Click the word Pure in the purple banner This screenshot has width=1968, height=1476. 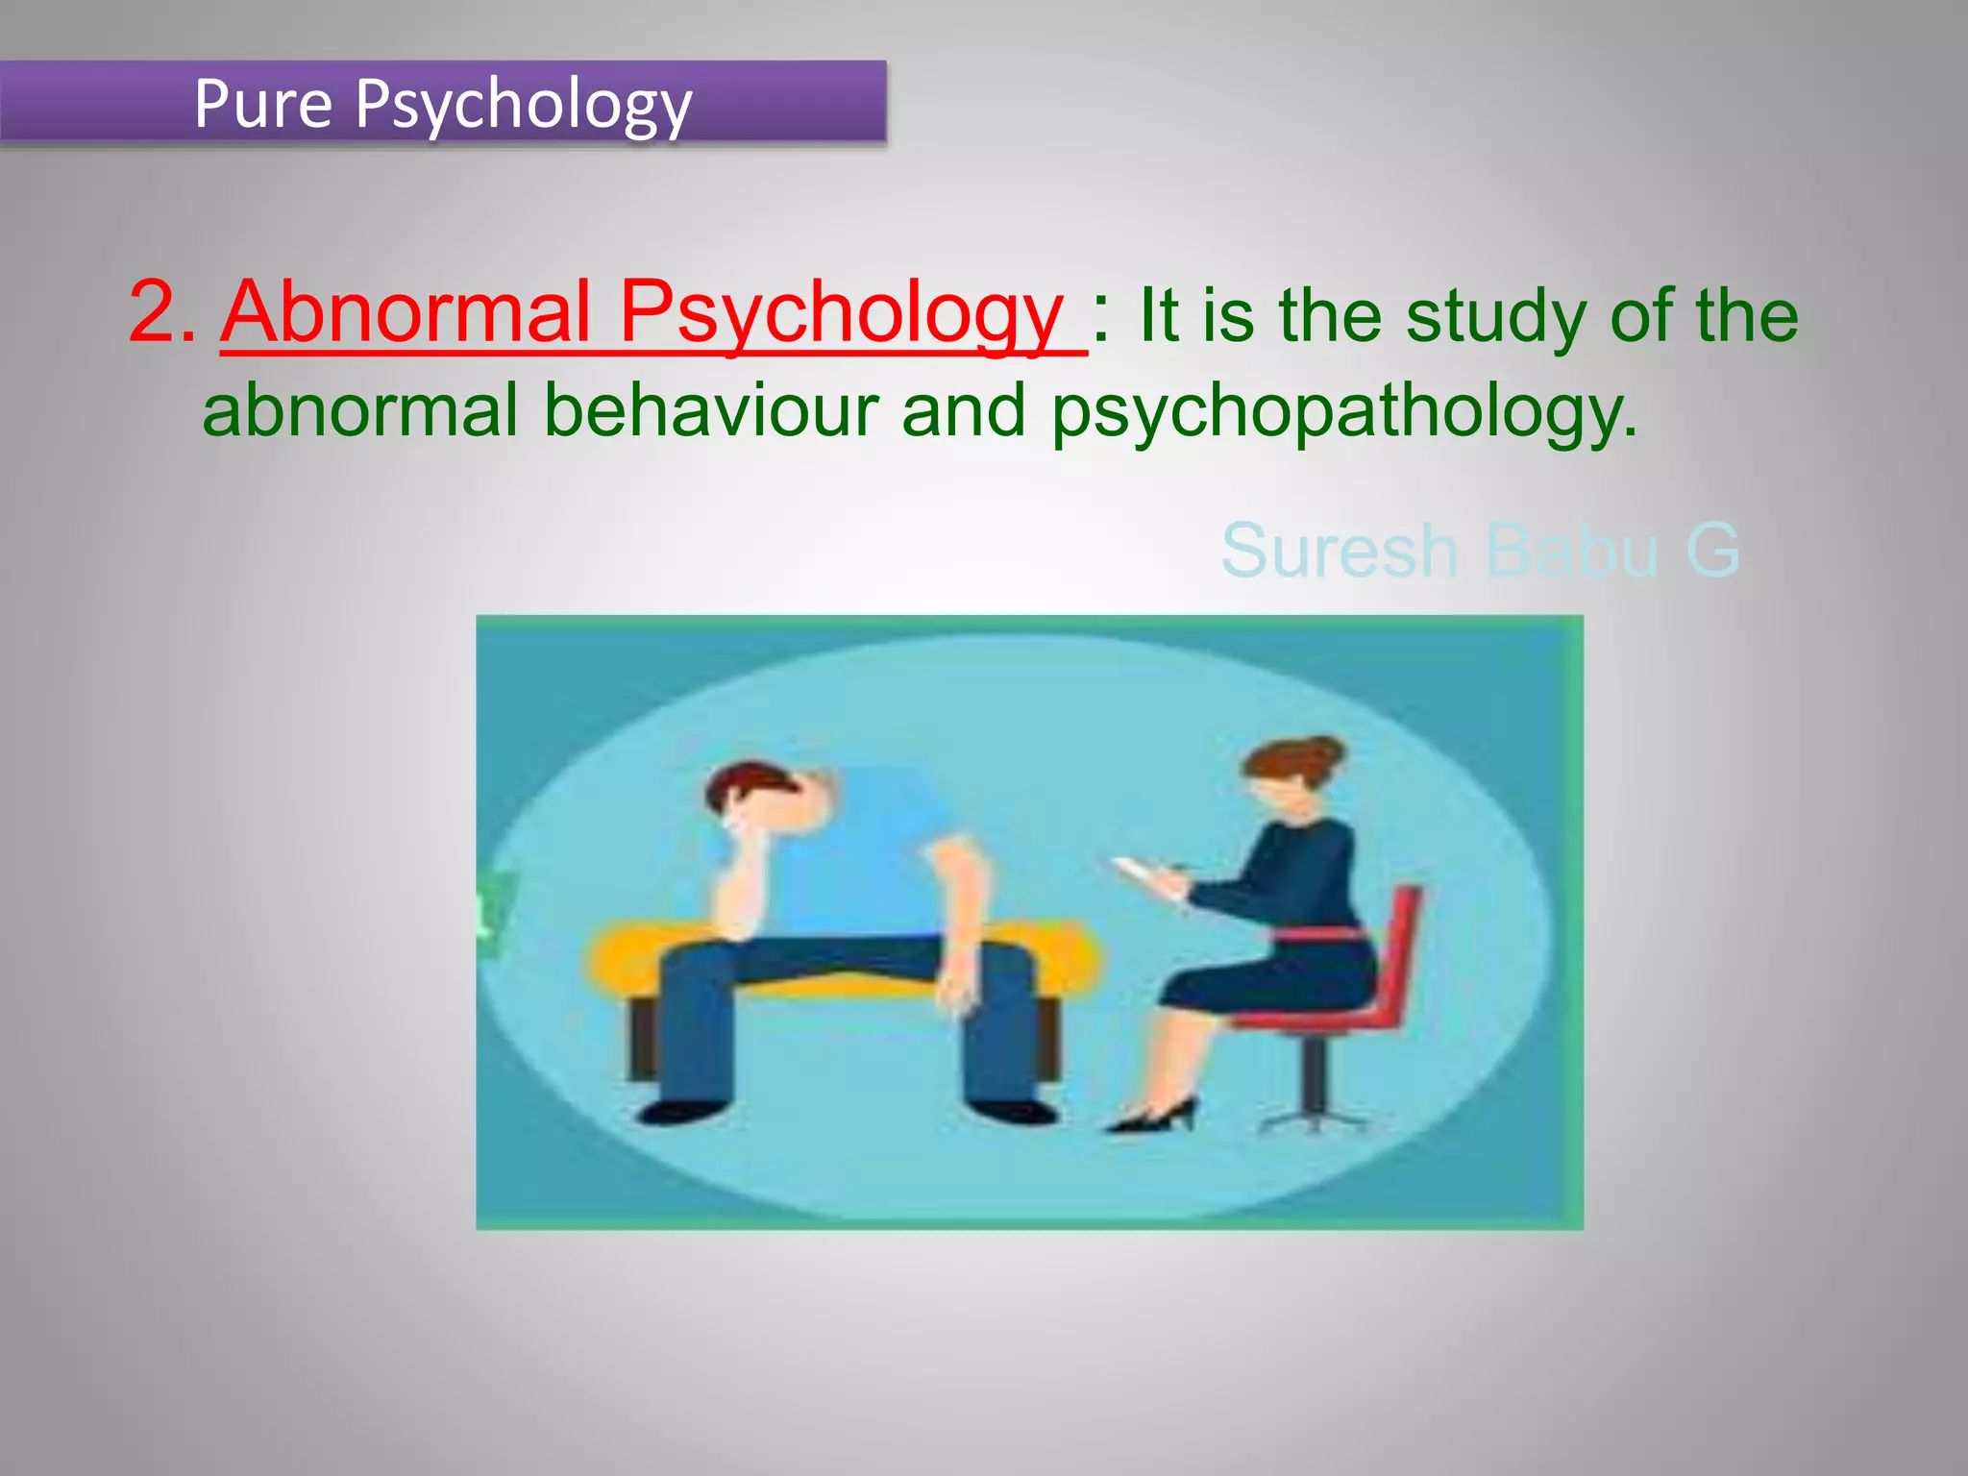[262, 103]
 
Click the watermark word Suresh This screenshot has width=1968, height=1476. [1339, 551]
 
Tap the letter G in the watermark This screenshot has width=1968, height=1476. [1712, 551]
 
